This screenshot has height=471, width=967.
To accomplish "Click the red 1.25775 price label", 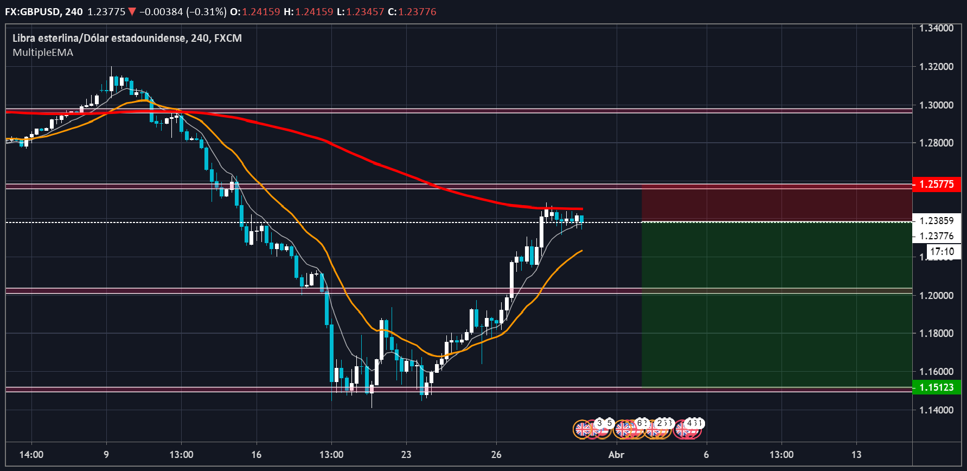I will click(x=937, y=184).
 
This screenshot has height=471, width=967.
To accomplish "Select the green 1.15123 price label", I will click(x=937, y=387).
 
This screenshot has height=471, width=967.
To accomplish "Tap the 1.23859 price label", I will click(x=937, y=221).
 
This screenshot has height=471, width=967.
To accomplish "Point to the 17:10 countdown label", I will click(x=942, y=252).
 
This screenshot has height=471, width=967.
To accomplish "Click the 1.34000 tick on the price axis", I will click(x=936, y=28).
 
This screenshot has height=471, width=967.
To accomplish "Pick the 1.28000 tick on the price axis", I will click(x=936, y=143).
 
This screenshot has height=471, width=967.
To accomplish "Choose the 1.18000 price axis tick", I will click(x=936, y=334).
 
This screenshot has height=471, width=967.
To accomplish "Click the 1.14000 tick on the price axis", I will click(x=936, y=410).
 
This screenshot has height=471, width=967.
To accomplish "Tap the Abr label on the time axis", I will click(x=616, y=455).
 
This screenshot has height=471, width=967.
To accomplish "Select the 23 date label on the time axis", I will click(x=406, y=455).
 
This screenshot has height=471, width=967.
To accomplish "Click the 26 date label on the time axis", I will click(x=496, y=455).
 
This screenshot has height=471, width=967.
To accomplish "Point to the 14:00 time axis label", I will click(x=31, y=455).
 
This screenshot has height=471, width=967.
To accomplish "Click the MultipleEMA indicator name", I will click(x=43, y=53).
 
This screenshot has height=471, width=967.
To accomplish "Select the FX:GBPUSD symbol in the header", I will click(x=33, y=12).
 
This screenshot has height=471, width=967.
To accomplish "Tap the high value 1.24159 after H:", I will click(x=315, y=12).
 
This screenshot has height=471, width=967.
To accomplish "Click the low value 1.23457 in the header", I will click(x=365, y=12).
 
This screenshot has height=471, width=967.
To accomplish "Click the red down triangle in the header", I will click(x=132, y=12).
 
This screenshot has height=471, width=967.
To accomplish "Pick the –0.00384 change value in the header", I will click(x=161, y=12).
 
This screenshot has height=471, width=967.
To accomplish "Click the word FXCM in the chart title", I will click(x=228, y=38).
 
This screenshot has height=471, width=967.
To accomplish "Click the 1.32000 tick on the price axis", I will click(x=936, y=67).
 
